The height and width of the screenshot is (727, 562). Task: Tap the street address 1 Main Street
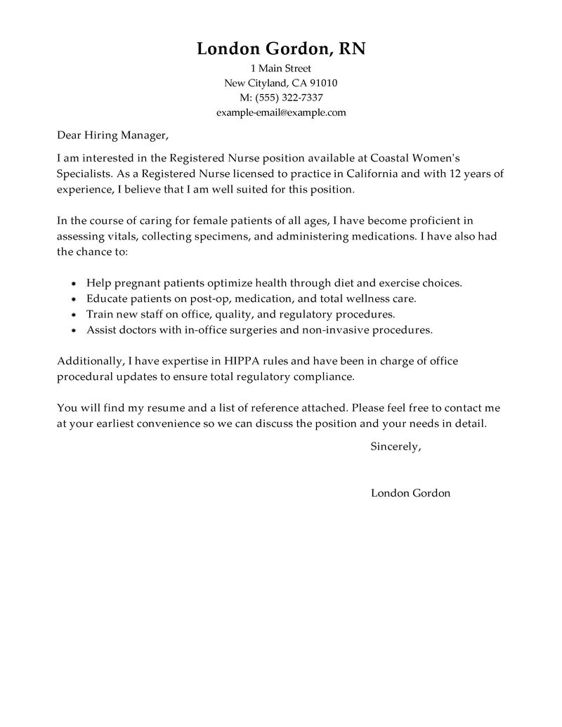(281, 68)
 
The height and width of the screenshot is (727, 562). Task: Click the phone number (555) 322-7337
(290, 98)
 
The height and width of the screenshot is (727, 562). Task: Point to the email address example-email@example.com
(281, 112)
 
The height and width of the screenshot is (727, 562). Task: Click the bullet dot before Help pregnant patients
(74, 284)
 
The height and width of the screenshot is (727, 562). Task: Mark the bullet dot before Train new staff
(74, 314)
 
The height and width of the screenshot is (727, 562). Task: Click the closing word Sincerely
(395, 447)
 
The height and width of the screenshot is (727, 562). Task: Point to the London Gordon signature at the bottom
(410, 493)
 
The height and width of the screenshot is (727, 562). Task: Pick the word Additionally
(90, 361)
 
